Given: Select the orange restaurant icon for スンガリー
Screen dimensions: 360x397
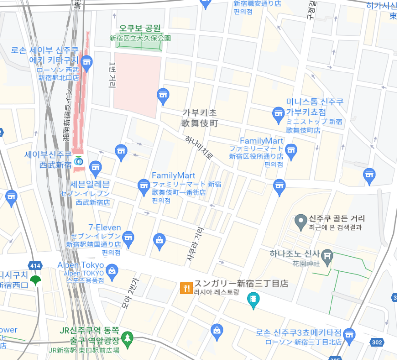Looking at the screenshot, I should click(186, 288).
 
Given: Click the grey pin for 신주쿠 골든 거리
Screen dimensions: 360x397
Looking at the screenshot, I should click(300, 220).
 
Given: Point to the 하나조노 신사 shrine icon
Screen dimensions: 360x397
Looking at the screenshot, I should click(327, 256).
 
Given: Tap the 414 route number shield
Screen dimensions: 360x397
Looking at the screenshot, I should click(35, 266).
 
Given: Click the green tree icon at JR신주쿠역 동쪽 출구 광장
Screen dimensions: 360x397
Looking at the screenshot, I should click(128, 338).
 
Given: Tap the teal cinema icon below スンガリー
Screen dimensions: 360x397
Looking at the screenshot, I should click(254, 299).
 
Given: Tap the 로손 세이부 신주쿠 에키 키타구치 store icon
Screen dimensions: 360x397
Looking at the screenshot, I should click(87, 62).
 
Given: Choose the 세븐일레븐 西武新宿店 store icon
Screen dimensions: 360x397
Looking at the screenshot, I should click(96, 167).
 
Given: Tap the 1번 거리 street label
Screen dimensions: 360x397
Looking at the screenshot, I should click(112, 74).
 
